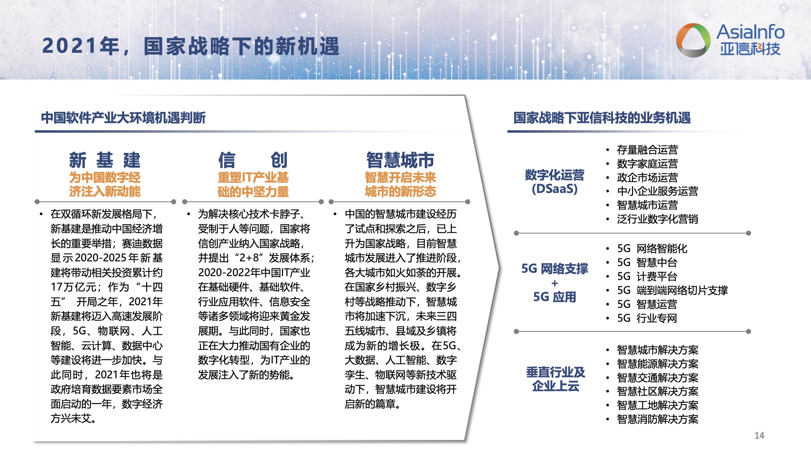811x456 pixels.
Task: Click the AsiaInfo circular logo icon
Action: point(693,40)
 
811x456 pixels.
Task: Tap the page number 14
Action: point(759,435)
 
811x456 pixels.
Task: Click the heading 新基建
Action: point(105,160)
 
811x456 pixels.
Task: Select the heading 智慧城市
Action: point(400,160)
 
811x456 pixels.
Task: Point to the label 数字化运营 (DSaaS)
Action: point(554,182)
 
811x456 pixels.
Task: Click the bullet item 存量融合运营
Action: point(647,149)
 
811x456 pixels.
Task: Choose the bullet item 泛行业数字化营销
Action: point(657,219)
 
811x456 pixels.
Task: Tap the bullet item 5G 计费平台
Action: point(647,276)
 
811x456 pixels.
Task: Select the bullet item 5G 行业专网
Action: point(647,318)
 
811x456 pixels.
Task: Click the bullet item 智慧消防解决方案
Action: point(657,419)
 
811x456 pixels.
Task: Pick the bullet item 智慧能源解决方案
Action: point(657,364)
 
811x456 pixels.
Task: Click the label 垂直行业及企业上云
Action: point(555,379)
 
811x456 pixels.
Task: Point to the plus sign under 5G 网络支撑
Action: point(554,283)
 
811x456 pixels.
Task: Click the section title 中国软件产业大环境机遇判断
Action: point(123,117)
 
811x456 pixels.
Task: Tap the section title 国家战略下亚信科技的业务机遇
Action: point(602,117)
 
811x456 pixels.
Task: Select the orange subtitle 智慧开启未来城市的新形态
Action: point(400,185)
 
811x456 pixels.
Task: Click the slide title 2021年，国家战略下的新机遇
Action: point(191,46)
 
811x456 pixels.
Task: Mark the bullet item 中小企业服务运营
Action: point(657,191)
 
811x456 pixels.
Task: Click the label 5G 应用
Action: point(554,297)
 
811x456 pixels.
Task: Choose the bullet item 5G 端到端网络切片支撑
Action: point(672,290)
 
